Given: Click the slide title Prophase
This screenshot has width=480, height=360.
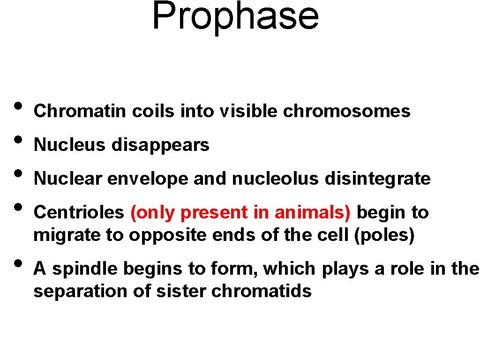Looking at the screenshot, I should (235, 16).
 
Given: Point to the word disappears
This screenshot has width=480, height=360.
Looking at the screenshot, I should (160, 145).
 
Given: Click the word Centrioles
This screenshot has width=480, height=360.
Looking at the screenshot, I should (79, 213).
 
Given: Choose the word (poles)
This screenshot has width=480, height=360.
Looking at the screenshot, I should (385, 235).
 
